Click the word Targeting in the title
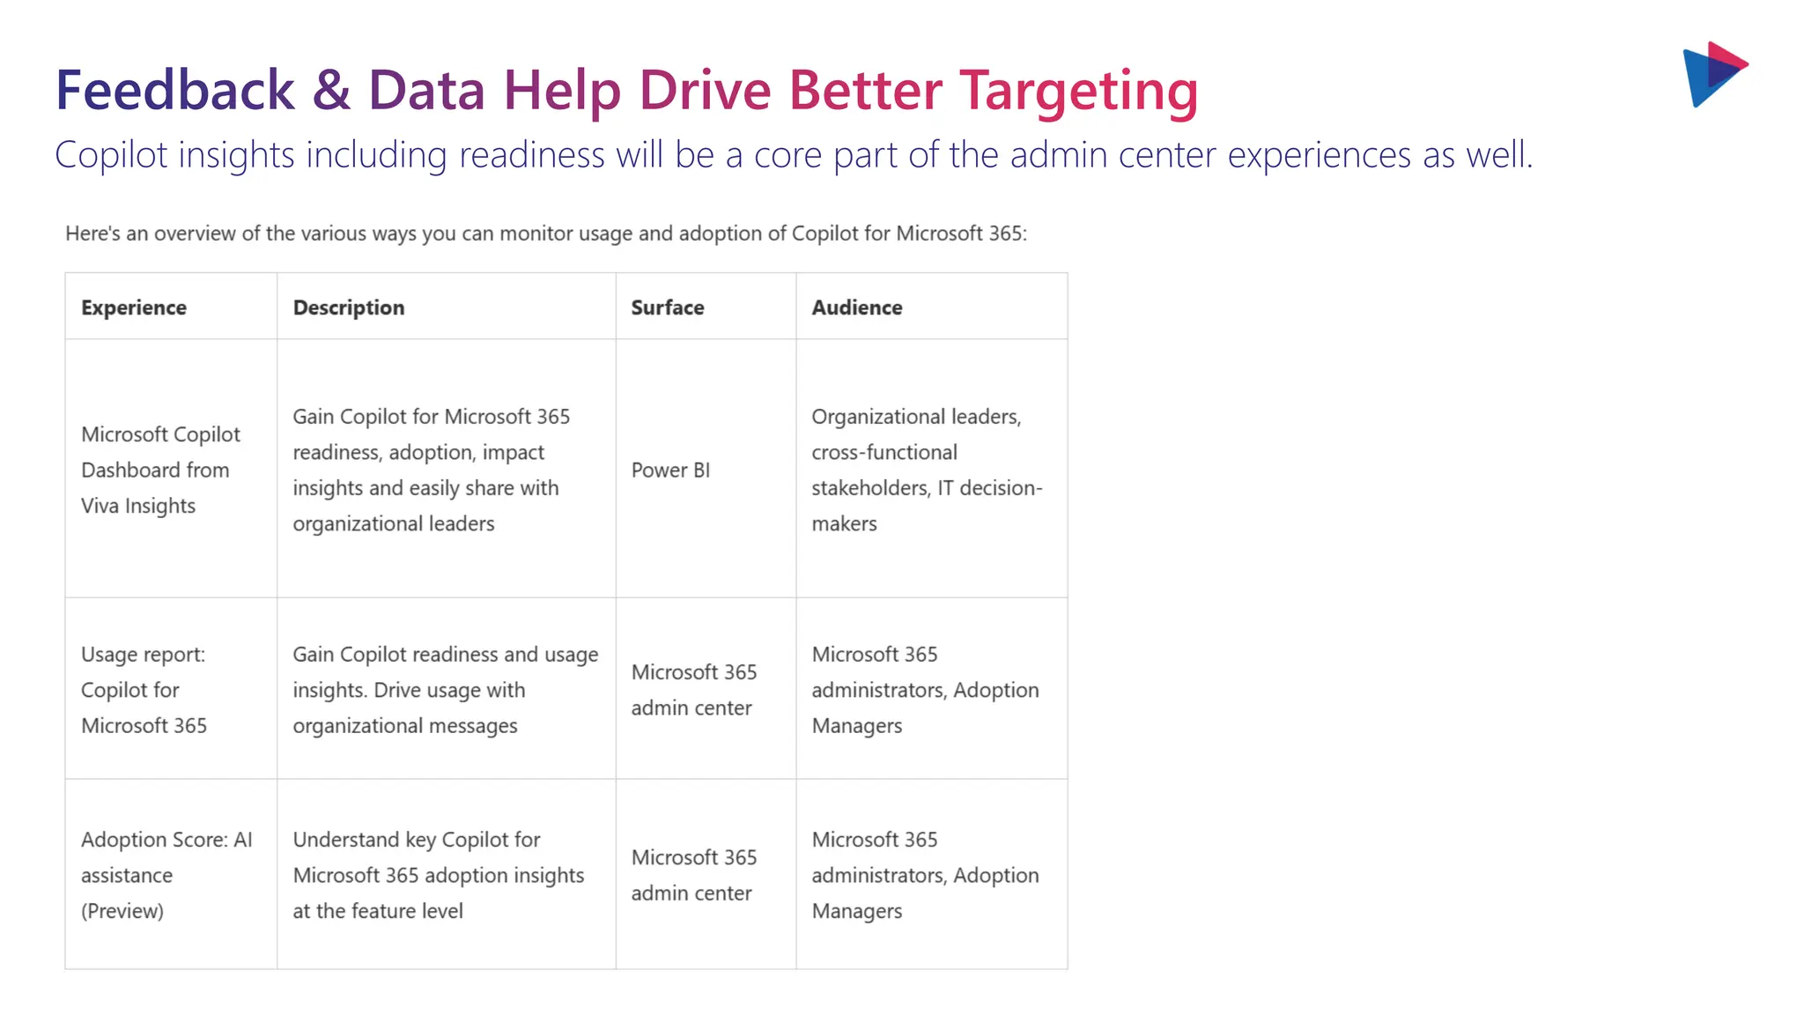pos(1078,92)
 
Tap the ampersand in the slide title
pos(331,90)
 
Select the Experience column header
pos(134,307)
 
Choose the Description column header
pos(349,307)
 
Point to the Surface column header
pos(668,307)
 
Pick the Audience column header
pos(857,307)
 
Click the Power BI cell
pos(670,470)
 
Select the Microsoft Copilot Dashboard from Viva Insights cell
pos(160,470)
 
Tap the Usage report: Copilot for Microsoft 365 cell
pos(144,690)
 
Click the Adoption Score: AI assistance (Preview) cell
pos(166,875)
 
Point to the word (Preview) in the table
pos(122,911)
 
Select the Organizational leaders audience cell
pos(927,470)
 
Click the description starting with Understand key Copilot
pos(439,875)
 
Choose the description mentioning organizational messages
pos(445,690)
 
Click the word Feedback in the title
pos(174,90)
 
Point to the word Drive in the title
pos(705,90)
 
